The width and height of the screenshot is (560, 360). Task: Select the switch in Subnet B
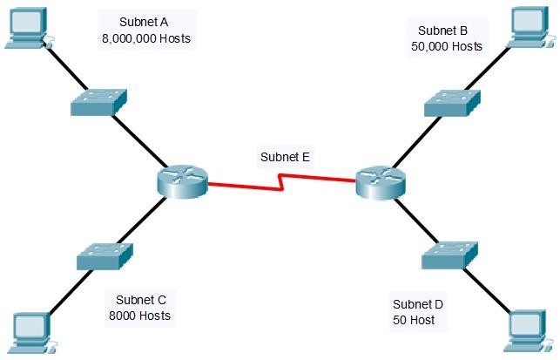click(x=451, y=103)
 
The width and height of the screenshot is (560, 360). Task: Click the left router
click(x=183, y=181)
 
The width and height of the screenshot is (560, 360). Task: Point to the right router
click(x=381, y=182)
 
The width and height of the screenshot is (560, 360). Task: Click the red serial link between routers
click(x=281, y=184)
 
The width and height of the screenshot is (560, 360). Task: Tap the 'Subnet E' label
click(x=285, y=158)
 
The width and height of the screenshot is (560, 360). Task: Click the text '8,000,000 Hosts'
click(x=145, y=39)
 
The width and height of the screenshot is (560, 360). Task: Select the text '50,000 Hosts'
click(x=446, y=45)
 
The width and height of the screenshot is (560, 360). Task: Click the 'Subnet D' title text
click(x=418, y=304)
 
